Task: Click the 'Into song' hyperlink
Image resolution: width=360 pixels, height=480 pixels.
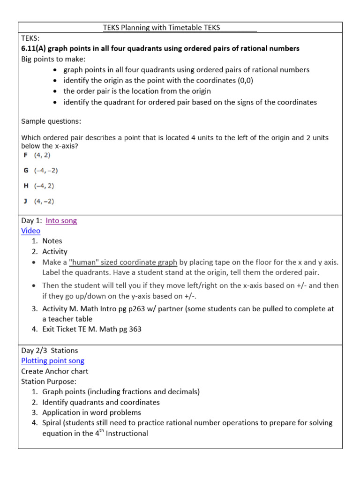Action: [61, 221]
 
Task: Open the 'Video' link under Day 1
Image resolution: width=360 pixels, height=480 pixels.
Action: [30, 231]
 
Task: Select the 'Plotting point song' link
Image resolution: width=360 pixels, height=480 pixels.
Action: [52, 360]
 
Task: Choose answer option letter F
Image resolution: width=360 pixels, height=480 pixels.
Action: [26, 155]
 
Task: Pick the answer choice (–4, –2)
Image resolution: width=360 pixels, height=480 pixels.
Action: [45, 170]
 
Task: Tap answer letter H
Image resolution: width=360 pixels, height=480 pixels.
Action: [26, 186]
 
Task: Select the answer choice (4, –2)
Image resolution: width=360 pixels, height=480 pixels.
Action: [44, 201]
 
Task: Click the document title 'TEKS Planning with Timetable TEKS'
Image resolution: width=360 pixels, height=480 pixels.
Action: [161, 28]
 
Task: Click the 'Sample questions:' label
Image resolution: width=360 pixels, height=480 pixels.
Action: [51, 121]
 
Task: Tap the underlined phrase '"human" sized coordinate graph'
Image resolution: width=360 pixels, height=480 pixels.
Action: [123, 262]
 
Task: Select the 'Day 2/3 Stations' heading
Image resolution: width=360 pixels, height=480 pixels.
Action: [50, 350]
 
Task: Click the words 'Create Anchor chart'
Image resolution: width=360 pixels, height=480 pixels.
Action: [54, 371]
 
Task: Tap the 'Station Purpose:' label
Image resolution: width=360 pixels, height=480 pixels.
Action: [48, 382]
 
